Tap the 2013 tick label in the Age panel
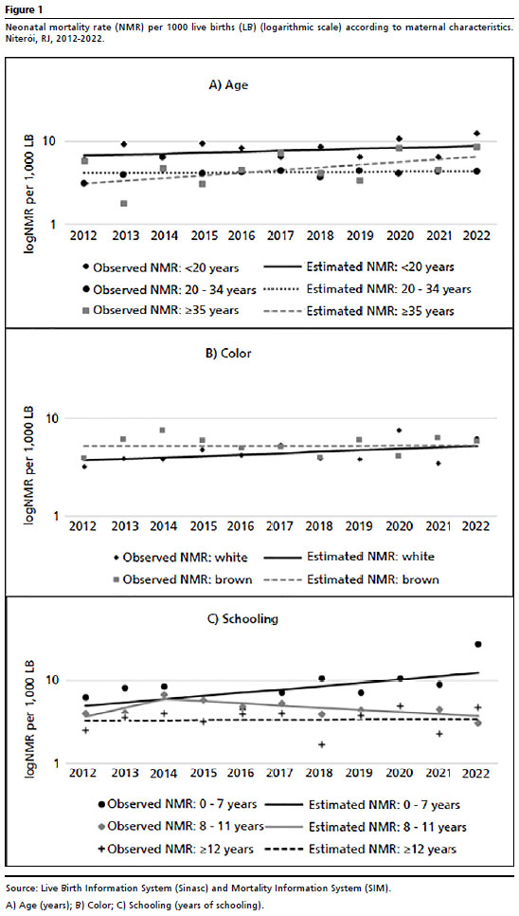(126, 237)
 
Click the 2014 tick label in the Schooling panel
(164, 776)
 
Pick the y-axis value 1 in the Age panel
(60, 225)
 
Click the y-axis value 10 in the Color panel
(54, 418)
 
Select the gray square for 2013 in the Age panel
(124, 203)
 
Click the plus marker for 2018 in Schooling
(321, 744)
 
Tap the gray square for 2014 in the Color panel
(162, 430)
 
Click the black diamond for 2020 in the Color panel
(399, 430)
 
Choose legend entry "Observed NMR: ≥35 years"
(160, 310)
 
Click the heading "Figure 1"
(22, 9)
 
